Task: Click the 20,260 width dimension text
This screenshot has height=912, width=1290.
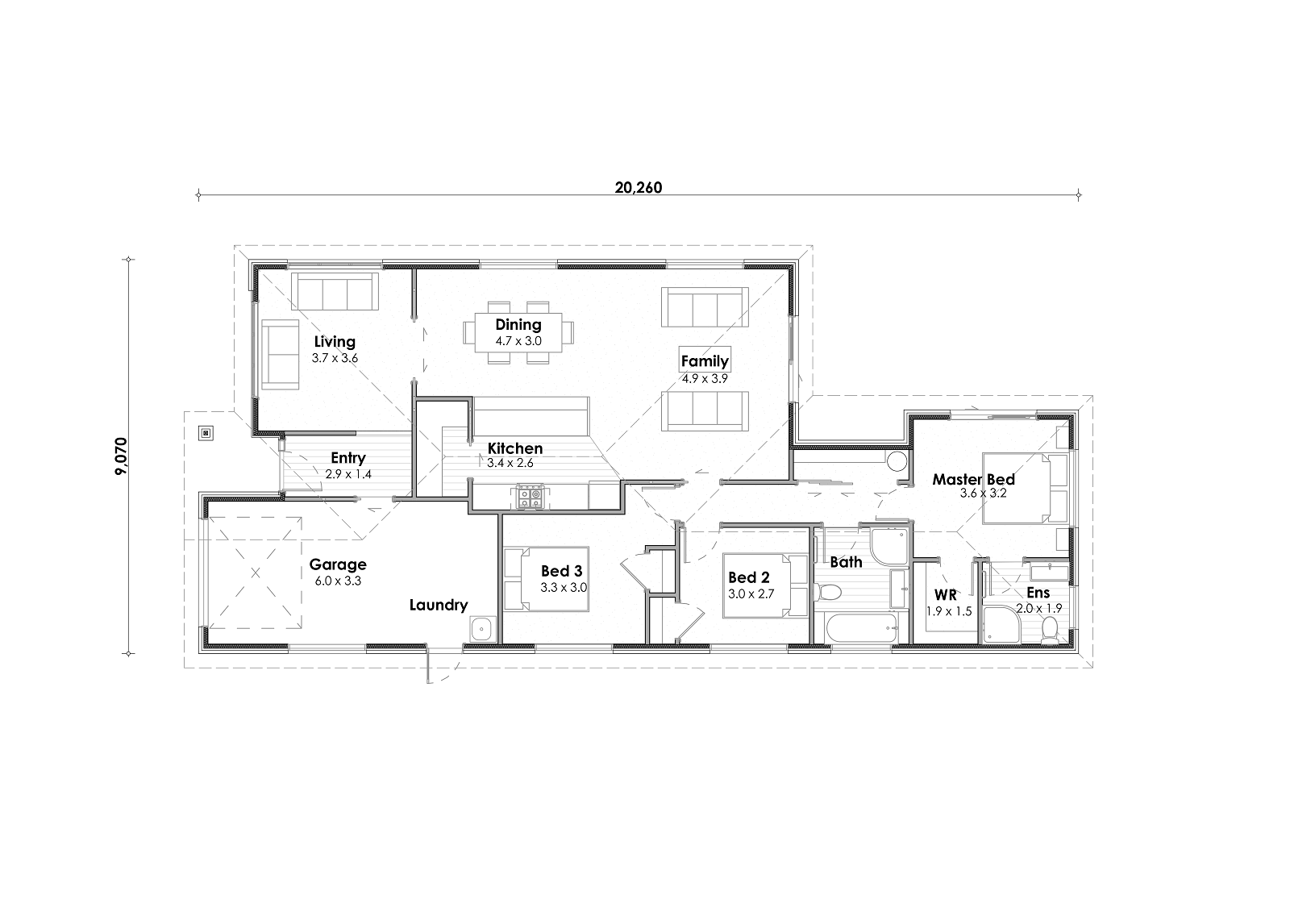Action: click(x=638, y=188)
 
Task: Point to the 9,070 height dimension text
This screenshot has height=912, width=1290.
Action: click(x=121, y=456)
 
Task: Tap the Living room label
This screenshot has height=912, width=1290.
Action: click(x=335, y=342)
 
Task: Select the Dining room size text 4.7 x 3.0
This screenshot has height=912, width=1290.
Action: click(x=518, y=341)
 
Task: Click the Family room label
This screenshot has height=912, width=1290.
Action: click(x=705, y=361)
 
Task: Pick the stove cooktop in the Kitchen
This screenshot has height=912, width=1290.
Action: click(x=529, y=497)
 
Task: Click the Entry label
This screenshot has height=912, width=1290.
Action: click(x=347, y=458)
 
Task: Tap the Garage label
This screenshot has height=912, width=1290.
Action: click(x=338, y=564)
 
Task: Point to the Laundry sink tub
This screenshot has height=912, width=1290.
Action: click(x=483, y=628)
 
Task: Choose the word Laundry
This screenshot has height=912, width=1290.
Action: click(x=439, y=605)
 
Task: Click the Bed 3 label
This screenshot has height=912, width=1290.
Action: click(x=561, y=571)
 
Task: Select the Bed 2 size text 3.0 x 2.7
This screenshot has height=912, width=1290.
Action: click(x=751, y=594)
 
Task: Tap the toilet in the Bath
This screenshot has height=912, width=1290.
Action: click(x=827, y=592)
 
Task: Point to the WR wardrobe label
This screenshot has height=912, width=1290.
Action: click(x=945, y=594)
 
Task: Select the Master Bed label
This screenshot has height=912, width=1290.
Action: click(x=973, y=479)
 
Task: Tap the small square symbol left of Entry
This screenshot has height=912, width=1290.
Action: click(x=206, y=433)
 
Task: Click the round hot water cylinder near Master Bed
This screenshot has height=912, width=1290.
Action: click(x=897, y=461)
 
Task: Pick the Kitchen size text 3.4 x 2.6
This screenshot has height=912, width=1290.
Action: click(x=510, y=463)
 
